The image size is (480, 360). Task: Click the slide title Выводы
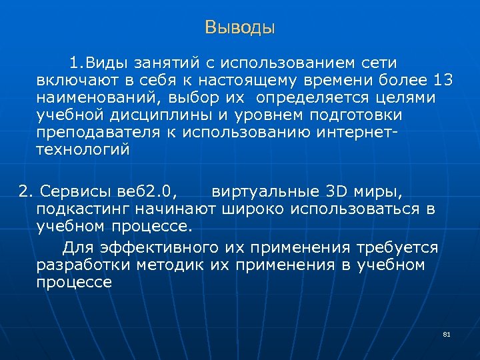click(x=240, y=28)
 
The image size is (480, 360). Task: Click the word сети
click(x=379, y=63)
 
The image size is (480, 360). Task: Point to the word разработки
click(x=84, y=265)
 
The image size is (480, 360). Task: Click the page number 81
click(x=447, y=334)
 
